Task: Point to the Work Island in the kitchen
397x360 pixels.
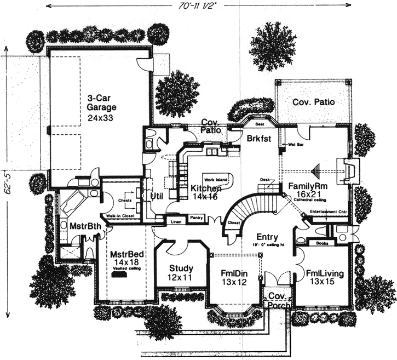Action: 216,180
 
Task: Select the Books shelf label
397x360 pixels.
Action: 319,242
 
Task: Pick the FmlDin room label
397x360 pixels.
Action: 233,272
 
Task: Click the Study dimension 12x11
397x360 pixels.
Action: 180,278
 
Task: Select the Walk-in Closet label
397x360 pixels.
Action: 120,217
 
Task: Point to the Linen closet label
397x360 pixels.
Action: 175,221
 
